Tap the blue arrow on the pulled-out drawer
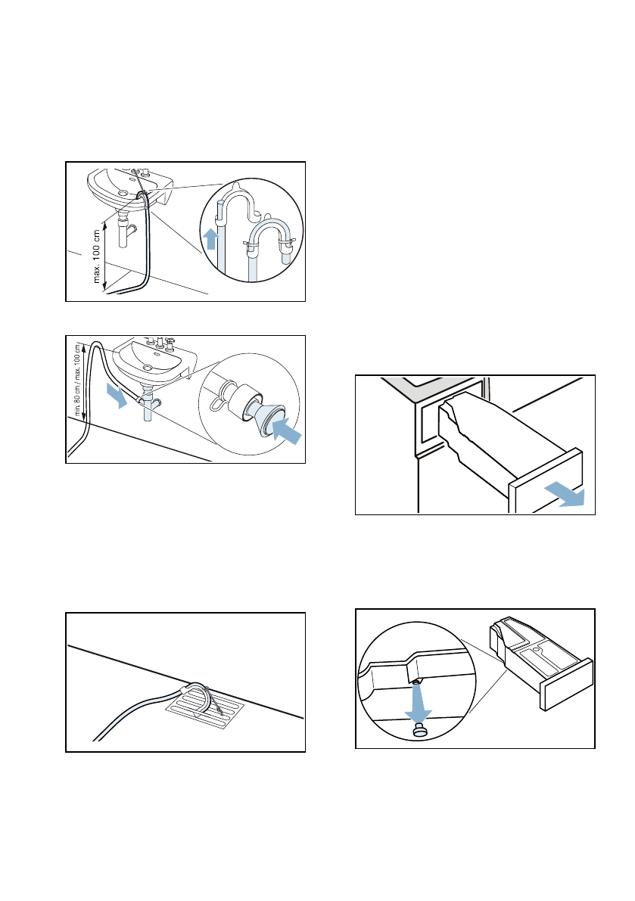click(x=568, y=493)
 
